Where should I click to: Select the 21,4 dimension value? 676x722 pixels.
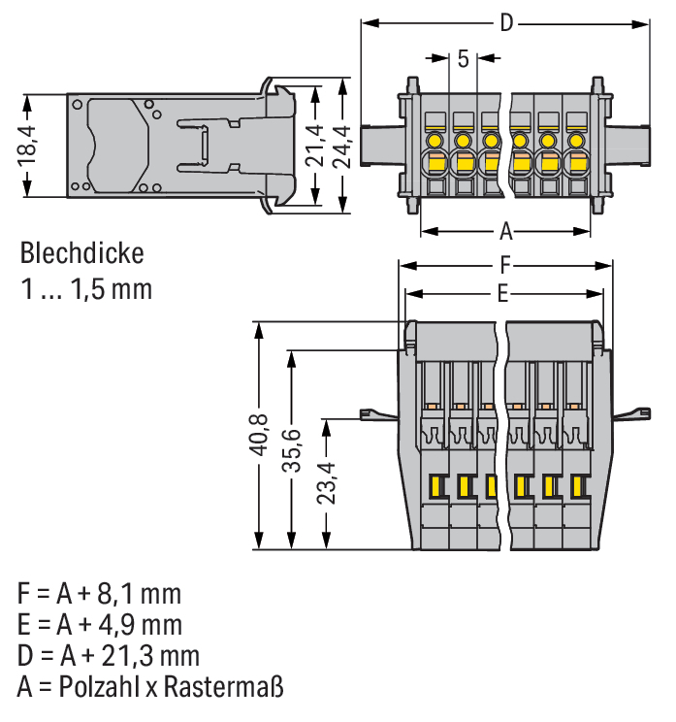315,147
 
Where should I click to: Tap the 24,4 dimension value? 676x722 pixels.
342,147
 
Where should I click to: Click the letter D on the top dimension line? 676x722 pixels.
505,23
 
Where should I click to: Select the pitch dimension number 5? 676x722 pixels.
463,59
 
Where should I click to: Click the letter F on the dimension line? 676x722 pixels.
505,265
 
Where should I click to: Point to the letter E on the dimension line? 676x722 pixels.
503,292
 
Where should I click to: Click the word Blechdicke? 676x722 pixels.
81,255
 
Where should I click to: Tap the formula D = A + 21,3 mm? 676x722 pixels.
108,656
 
